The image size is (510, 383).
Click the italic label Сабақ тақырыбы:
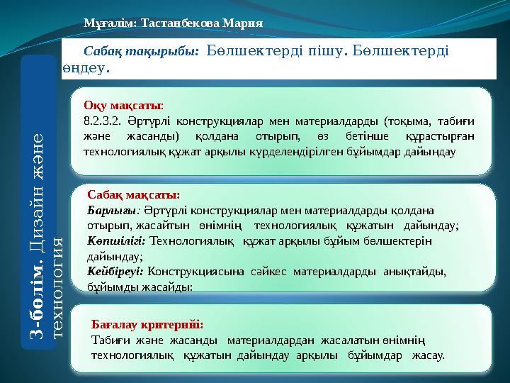[x=140, y=52]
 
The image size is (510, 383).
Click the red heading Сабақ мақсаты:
[x=133, y=194]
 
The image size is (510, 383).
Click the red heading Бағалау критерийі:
[x=147, y=324]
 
